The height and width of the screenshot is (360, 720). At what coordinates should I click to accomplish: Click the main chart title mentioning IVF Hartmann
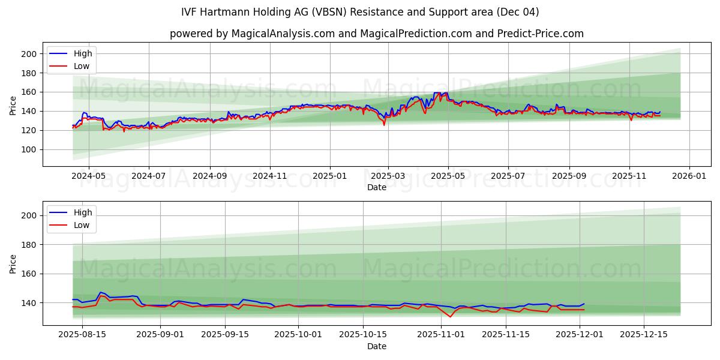(360, 12)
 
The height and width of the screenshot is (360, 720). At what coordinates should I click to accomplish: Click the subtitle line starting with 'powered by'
(376, 34)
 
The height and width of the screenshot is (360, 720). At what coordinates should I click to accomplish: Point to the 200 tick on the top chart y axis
(29, 54)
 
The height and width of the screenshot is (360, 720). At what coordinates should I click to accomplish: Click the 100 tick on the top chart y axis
(29, 149)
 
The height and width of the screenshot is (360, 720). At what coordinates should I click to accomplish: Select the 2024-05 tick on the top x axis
(88, 177)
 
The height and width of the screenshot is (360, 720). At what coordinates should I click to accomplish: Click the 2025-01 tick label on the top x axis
(329, 177)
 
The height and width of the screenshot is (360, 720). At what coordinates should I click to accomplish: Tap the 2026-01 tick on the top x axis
(689, 177)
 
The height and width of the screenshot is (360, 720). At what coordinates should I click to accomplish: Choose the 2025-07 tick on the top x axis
(508, 177)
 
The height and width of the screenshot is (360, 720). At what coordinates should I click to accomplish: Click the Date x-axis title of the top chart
(376, 187)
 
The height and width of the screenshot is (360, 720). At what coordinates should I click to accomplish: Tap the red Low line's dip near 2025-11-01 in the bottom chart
(450, 317)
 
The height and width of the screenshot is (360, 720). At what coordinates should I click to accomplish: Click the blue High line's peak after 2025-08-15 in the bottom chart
(100, 292)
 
